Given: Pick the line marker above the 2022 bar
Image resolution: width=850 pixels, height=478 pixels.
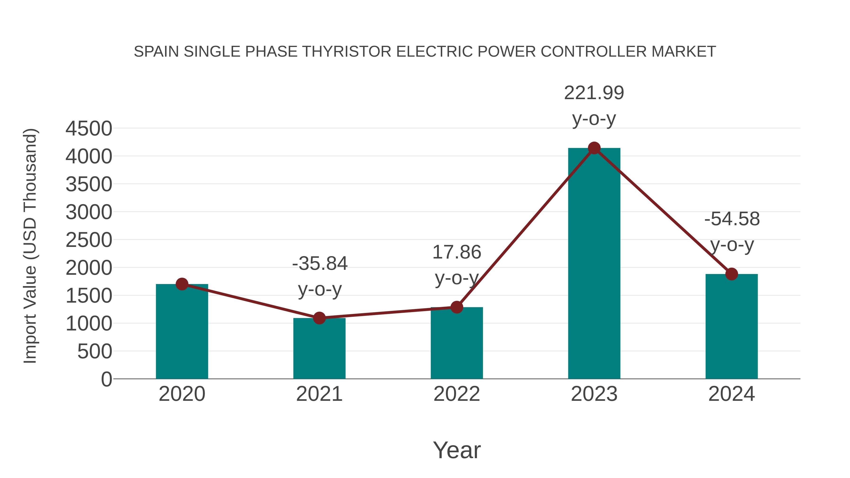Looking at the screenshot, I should click(457, 307).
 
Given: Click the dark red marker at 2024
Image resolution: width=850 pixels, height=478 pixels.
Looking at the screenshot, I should click(731, 274).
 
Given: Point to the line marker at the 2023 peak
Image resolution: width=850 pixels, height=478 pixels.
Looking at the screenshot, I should click(594, 148).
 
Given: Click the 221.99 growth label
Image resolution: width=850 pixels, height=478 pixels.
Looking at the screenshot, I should click(594, 93).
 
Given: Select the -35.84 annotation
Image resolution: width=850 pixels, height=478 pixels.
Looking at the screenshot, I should click(319, 264).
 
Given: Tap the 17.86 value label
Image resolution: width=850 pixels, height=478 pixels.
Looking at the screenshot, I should click(457, 252).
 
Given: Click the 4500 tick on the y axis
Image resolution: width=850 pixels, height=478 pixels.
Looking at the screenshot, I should click(89, 129).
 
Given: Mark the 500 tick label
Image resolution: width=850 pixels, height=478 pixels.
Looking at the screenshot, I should click(94, 352).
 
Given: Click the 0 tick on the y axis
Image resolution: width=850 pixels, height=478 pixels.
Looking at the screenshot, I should click(106, 379).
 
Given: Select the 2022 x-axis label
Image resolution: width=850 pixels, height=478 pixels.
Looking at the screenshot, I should click(457, 394).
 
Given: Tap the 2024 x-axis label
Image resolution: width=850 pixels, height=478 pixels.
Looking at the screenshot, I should click(731, 394).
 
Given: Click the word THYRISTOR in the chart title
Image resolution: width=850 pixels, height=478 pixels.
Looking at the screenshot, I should click(346, 52).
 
